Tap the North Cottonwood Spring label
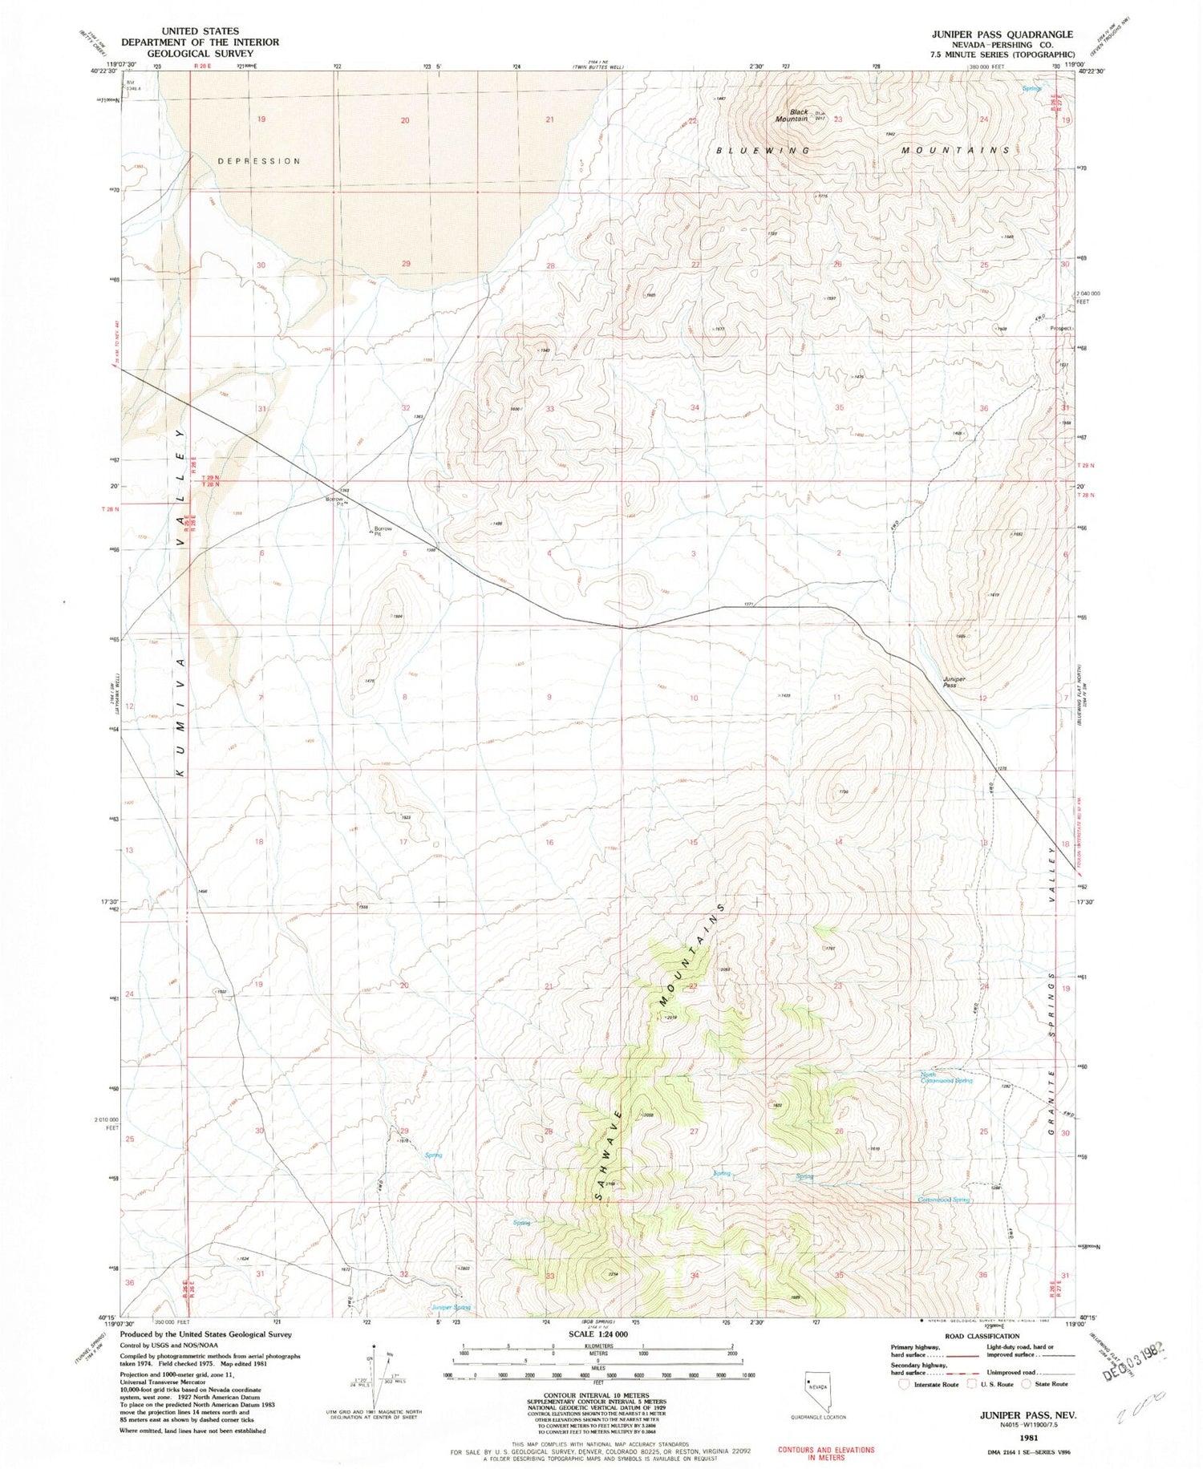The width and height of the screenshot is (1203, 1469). coord(946,1078)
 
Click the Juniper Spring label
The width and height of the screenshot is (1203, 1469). coord(451,1307)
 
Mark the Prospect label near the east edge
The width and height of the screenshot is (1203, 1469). coord(1061,328)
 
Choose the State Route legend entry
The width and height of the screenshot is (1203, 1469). coord(1051,1384)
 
